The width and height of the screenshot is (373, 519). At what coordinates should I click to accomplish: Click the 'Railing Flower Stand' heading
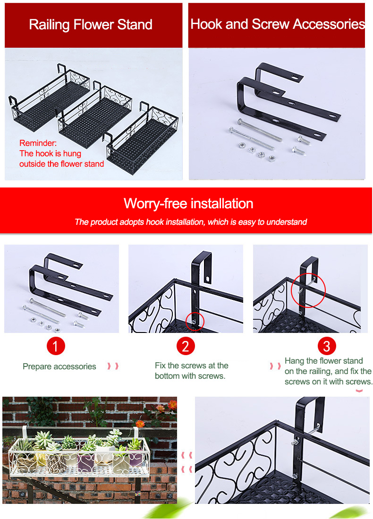(91, 25)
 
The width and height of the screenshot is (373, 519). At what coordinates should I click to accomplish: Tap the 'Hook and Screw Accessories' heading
(278, 24)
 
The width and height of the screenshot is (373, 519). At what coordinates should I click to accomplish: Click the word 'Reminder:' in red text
(38, 143)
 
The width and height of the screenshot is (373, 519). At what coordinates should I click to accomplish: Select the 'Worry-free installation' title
(188, 204)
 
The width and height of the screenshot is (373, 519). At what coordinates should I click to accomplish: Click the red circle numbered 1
(56, 347)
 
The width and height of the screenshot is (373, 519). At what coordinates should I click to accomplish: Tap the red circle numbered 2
(185, 347)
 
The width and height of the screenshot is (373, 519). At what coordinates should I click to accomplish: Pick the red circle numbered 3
(326, 347)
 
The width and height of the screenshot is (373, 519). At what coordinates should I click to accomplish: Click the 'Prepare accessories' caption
(59, 366)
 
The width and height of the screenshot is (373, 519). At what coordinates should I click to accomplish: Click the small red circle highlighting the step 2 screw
(195, 321)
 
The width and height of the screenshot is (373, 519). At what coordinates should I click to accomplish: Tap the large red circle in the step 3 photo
(308, 290)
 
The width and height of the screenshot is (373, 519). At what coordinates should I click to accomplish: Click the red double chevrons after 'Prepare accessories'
(112, 366)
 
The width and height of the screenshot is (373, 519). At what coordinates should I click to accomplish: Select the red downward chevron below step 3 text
(359, 391)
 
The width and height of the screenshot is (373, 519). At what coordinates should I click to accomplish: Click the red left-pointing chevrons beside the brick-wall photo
(187, 462)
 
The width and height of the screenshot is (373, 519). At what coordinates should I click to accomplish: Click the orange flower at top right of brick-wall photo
(172, 405)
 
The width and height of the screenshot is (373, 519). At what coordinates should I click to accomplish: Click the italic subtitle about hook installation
(191, 222)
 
